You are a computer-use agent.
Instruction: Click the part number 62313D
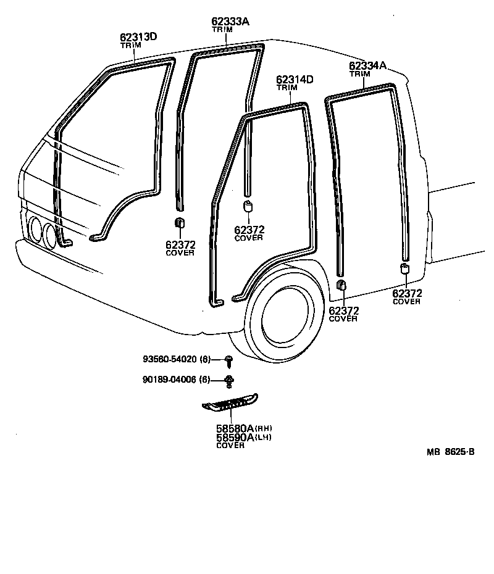138,37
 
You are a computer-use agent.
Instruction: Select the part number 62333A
230,22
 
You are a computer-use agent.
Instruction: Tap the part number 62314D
295,80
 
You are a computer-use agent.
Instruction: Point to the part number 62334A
367,65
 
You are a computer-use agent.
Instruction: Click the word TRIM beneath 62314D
287,88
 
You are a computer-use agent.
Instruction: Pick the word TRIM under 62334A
359,74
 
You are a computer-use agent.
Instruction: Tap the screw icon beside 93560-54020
229,360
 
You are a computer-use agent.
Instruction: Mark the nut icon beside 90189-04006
229,380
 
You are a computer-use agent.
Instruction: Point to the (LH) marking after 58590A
264,438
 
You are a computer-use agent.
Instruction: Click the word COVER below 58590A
230,446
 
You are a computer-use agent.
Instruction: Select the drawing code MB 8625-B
450,452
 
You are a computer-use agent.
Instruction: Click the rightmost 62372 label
407,293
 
